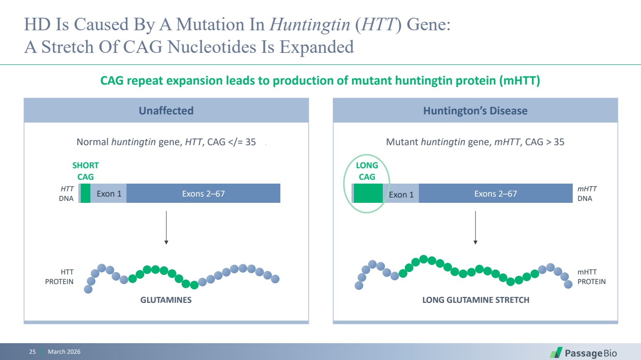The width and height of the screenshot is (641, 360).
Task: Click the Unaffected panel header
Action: tap(166, 111)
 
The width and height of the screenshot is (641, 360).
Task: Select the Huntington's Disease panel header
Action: tap(475, 111)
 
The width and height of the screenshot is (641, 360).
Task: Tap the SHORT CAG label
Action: tap(85, 171)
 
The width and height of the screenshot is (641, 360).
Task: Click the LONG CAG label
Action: tap(367, 171)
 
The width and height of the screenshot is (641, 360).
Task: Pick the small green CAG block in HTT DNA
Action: tap(85, 193)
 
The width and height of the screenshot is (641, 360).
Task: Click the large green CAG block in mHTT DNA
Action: tap(368, 193)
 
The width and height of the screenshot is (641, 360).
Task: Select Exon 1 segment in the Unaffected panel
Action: tap(109, 193)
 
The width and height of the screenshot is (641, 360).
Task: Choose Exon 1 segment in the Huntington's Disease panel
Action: tap(401, 193)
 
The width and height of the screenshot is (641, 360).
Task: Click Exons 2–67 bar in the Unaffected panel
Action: tap(203, 193)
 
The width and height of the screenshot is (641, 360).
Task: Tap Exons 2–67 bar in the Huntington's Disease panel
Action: tap(496, 193)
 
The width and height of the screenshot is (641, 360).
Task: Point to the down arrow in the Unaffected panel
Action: tap(166, 228)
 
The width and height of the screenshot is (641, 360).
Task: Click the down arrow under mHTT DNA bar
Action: tap(475, 228)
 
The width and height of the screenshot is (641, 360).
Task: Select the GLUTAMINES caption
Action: tap(166, 299)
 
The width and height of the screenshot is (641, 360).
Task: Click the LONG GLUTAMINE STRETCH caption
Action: tap(476, 299)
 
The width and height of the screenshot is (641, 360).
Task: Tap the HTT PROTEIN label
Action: tap(59, 276)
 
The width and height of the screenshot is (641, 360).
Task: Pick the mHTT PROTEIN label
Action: tap(591, 276)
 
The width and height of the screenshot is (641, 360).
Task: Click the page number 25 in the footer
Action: tap(33, 351)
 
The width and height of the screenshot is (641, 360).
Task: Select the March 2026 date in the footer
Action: tap(64, 351)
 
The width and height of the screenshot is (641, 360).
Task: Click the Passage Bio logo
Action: tap(583, 353)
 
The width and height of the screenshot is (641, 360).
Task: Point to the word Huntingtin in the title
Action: tap(310, 24)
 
